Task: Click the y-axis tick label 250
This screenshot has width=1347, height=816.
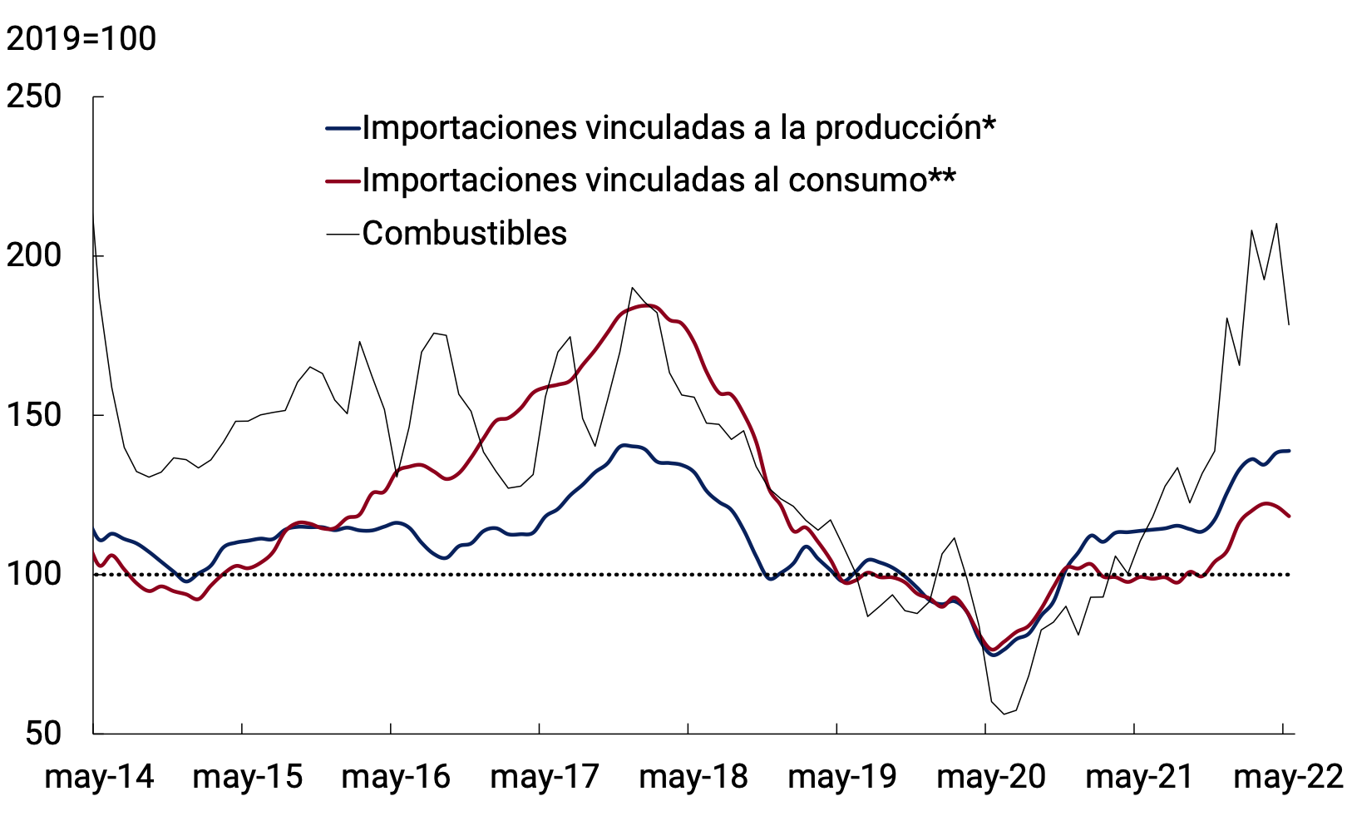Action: pyautogui.click(x=34, y=97)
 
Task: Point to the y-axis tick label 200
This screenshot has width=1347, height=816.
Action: pyautogui.click(x=34, y=256)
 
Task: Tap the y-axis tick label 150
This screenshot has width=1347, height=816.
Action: pyautogui.click(x=34, y=415)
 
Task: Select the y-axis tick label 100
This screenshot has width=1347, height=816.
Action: pyautogui.click(x=34, y=574)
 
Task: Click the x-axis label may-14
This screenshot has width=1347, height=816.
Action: pyautogui.click(x=99, y=777)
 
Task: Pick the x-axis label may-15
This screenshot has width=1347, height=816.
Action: pyautogui.click(x=248, y=777)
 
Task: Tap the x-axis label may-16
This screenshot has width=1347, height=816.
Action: pyautogui.click(x=396, y=777)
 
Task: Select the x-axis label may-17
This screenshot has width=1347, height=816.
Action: pyautogui.click(x=545, y=777)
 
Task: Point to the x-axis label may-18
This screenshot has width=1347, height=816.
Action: pyautogui.click(x=693, y=777)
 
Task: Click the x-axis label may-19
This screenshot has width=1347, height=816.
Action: pyautogui.click(x=842, y=777)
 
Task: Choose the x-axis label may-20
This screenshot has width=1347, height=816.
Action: pyautogui.click(x=991, y=777)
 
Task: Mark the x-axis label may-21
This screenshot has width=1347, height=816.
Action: pyautogui.click(x=1140, y=777)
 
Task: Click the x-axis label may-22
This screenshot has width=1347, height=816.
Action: pyautogui.click(x=1288, y=777)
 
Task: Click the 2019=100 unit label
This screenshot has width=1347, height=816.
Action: pyautogui.click(x=81, y=39)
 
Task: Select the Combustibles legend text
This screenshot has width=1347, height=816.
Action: pyautogui.click(x=464, y=234)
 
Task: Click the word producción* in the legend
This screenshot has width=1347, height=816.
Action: pyautogui.click(x=905, y=128)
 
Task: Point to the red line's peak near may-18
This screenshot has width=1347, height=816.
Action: pyautogui.click(x=649, y=305)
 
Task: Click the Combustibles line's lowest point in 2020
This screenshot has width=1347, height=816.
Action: pyautogui.click(x=1004, y=714)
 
